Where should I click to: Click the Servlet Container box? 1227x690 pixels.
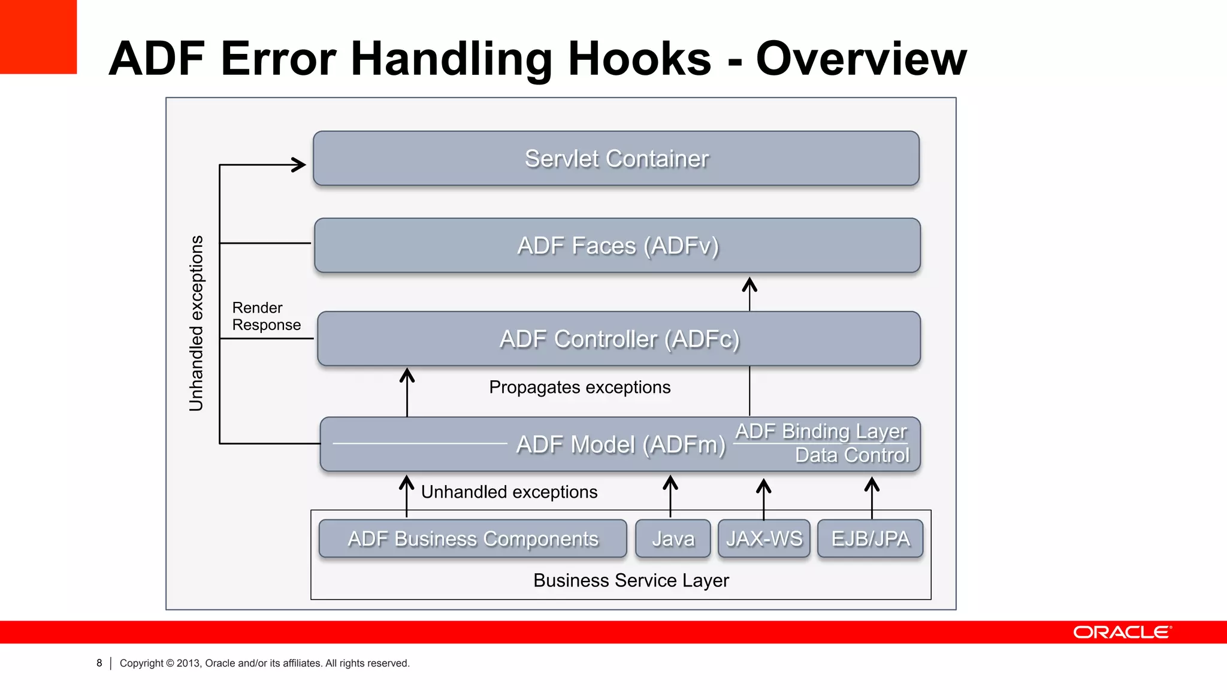[x=616, y=159]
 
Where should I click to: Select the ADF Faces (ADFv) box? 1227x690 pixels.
[x=617, y=246]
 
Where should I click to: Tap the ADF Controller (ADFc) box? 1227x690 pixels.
[x=619, y=339]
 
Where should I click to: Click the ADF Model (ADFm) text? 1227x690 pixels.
[x=621, y=444]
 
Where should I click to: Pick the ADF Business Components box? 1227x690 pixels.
[x=473, y=538]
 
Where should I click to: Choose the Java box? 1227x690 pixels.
[x=673, y=538]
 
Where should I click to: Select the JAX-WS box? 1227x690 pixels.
[x=764, y=538]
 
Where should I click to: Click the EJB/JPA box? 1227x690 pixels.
[x=870, y=538]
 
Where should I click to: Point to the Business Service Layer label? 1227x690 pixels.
[x=631, y=580]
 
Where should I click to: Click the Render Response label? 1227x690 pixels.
[x=266, y=316]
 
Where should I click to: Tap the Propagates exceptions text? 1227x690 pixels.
[x=579, y=388]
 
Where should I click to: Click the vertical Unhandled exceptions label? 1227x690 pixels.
[x=197, y=323]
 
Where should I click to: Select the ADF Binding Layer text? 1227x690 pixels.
[x=821, y=431]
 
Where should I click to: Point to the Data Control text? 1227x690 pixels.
[x=851, y=455]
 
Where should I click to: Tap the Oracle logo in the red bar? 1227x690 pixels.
[x=1122, y=632]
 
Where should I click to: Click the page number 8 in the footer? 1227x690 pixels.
[x=99, y=663]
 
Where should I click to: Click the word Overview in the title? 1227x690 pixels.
[x=861, y=59]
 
